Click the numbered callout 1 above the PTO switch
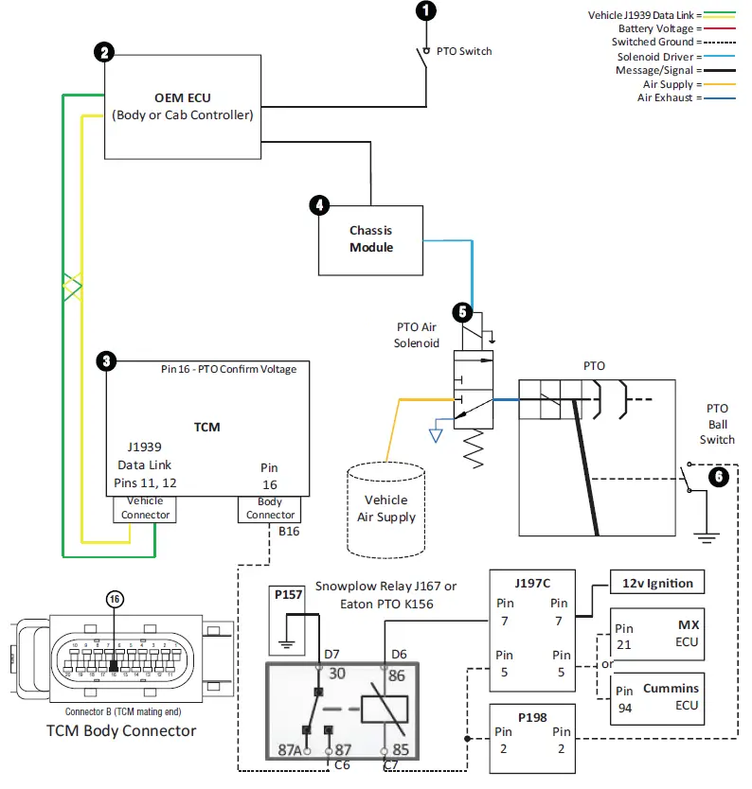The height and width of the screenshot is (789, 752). click(427, 11)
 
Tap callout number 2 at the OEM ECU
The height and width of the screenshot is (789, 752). click(104, 53)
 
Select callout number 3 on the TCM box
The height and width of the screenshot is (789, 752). click(107, 360)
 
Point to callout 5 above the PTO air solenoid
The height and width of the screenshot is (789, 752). click(462, 311)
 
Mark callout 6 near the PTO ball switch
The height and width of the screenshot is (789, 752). click(720, 477)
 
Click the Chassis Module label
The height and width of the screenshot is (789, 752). click(370, 238)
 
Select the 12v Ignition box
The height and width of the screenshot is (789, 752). click(657, 583)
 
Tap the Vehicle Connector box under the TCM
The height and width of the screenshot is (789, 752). click(146, 509)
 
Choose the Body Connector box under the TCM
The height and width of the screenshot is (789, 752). click(270, 509)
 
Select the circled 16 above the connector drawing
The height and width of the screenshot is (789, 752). click(114, 599)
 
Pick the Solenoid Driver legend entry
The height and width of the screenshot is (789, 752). click(661, 56)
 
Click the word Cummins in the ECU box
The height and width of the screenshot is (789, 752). click(670, 688)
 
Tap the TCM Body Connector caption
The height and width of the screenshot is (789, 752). click(121, 730)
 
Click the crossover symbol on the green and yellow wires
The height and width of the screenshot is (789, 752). click(73, 287)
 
